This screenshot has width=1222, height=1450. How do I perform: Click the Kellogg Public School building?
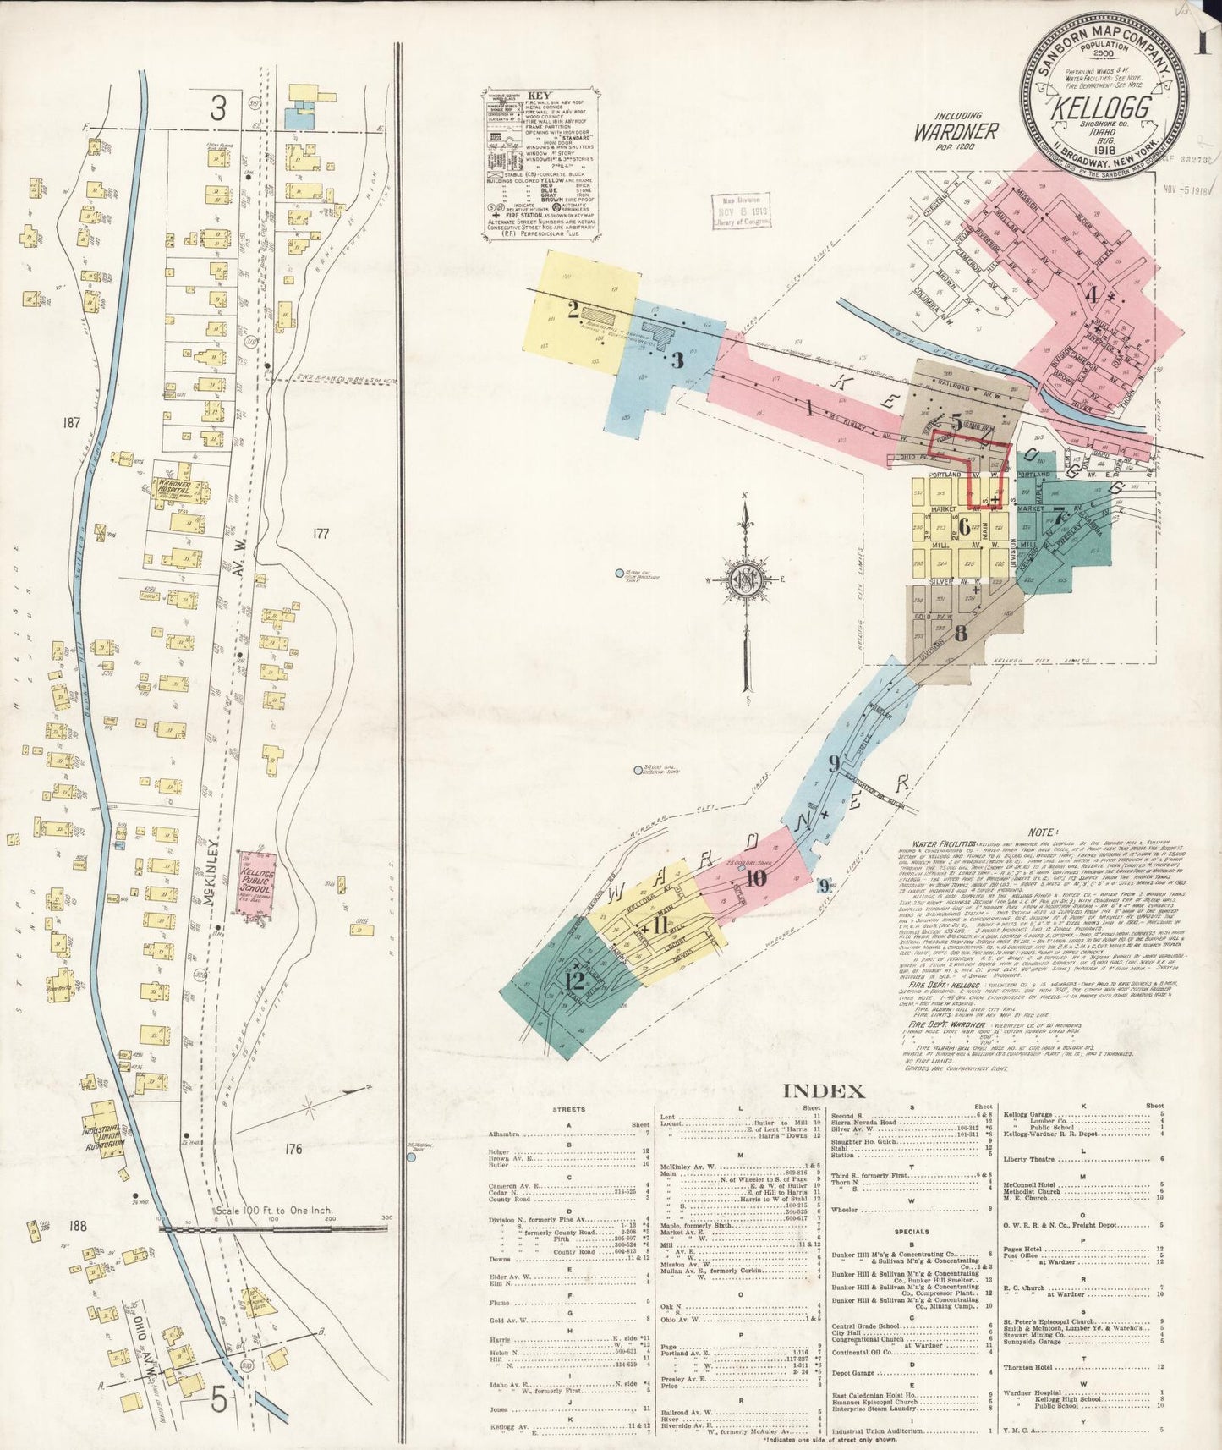(x=255, y=886)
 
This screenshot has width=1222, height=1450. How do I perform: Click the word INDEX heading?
(x=825, y=1091)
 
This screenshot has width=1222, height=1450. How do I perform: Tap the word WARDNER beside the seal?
(x=956, y=132)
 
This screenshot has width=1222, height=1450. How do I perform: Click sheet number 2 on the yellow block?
(x=573, y=310)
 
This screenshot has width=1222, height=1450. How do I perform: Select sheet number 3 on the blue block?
(x=677, y=360)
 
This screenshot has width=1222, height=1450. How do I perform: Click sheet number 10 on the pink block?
(x=755, y=878)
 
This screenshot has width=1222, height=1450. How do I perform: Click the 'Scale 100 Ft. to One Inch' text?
(x=273, y=1211)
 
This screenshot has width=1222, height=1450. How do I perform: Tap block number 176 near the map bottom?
(x=294, y=1148)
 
